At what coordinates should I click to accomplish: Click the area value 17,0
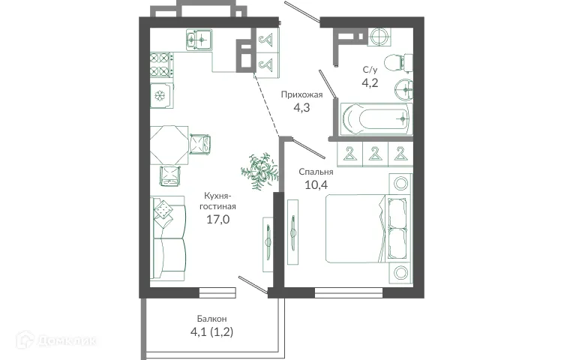click(x=218, y=220)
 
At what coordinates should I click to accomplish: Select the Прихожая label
click(x=301, y=94)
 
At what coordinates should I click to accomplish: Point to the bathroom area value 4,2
click(x=370, y=82)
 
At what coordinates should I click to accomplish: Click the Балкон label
click(x=212, y=319)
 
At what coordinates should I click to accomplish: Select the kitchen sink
click(x=200, y=38)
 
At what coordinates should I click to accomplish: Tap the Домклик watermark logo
click(x=67, y=341)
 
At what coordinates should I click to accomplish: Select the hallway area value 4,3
click(x=301, y=108)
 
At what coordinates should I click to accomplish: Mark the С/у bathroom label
click(x=370, y=69)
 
